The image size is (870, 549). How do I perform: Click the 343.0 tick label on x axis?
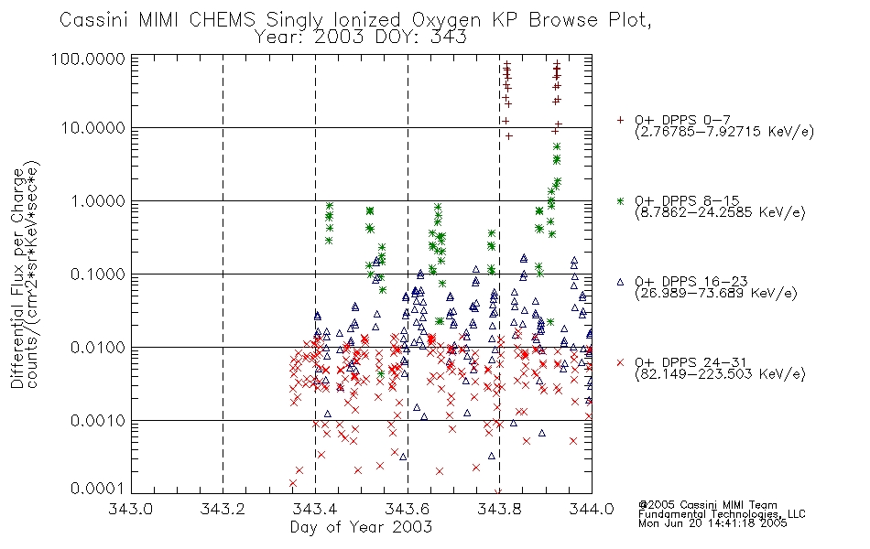point(132,510)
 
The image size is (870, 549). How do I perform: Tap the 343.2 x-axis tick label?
point(223,510)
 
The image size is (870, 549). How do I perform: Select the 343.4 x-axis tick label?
point(315,510)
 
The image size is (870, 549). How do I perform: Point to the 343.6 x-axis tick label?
point(408,510)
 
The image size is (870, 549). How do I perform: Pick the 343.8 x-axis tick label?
point(499,510)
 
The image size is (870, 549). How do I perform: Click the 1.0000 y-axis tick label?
point(101,201)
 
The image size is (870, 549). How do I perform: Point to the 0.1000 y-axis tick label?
point(101,274)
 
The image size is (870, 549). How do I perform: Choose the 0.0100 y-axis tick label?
point(101,348)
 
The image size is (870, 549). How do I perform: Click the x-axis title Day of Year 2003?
point(361,527)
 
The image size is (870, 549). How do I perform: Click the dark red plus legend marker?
point(621,120)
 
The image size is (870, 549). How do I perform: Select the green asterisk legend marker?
point(621,200)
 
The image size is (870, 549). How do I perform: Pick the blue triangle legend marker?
point(621,282)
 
